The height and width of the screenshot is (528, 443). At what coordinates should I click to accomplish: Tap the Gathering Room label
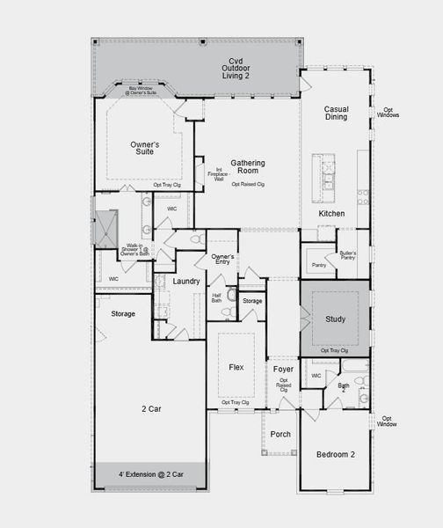(247, 167)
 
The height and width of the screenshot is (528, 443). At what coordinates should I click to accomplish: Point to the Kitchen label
(331, 214)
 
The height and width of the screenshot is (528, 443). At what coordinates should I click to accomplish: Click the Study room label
(335, 319)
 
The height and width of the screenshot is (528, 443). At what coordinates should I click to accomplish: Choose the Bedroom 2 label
(335, 454)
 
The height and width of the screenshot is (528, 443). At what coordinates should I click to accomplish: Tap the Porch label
(280, 434)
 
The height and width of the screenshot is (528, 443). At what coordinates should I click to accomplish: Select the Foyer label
(282, 370)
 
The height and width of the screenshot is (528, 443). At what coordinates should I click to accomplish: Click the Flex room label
(236, 367)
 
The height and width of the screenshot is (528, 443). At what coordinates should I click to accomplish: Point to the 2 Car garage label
(149, 408)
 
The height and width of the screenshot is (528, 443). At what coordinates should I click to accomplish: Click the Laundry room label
(186, 281)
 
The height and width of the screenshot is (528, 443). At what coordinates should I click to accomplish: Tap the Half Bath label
(217, 297)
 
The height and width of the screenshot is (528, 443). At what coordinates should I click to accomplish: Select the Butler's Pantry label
(347, 257)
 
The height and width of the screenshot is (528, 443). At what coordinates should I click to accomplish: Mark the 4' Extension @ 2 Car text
(150, 474)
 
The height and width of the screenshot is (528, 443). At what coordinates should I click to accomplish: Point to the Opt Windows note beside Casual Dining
(388, 113)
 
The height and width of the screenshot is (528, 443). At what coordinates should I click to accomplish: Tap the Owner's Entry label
(222, 260)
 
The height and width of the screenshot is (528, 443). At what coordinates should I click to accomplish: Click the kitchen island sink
(329, 174)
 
